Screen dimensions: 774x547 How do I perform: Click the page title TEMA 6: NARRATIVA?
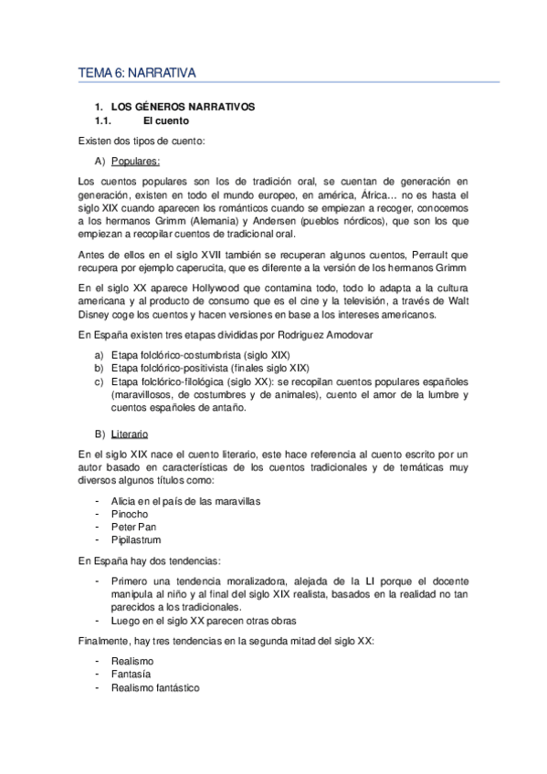[142, 72]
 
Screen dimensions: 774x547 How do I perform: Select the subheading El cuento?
[165, 120]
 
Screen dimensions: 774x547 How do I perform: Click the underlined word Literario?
[131, 434]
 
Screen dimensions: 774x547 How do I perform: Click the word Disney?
[96, 316]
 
